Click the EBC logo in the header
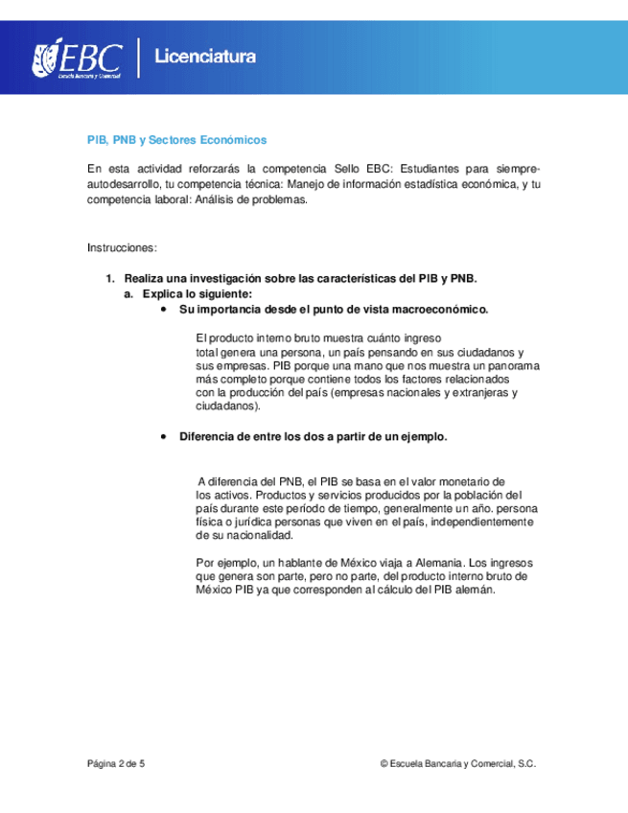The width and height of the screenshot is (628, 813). [78, 58]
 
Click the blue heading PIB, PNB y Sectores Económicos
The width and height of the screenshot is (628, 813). [176, 140]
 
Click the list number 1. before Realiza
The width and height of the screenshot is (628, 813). [110, 278]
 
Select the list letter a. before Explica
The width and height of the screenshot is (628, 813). [129, 293]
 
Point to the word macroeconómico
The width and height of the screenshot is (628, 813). [441, 310]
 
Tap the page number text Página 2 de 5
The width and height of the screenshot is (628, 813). [116, 764]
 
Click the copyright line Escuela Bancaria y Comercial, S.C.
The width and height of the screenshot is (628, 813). [458, 764]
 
